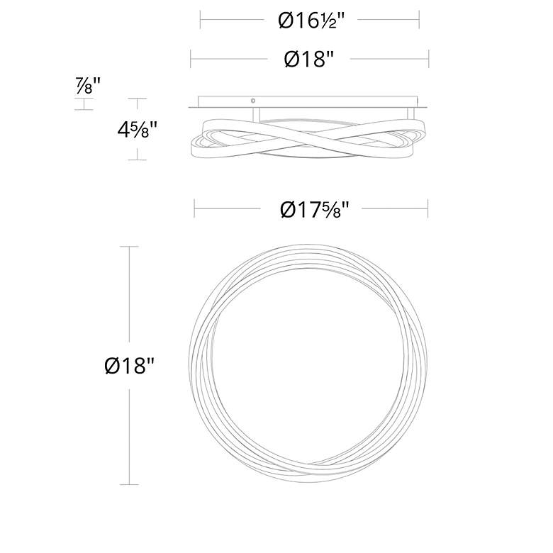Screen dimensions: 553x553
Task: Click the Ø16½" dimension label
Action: pos(311,21)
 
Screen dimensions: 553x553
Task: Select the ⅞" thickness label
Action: pos(87,86)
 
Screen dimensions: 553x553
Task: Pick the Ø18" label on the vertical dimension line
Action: pos(129,366)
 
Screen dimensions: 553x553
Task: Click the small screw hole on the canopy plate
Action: pos(253,101)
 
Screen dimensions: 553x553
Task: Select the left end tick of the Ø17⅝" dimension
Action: pos(195,208)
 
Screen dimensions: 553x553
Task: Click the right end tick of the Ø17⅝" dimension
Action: pos(428,208)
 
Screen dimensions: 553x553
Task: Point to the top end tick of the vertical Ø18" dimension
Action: pos(128,247)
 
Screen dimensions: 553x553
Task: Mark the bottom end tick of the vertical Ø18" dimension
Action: pos(128,484)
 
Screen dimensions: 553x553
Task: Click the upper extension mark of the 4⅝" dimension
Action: pos(137,99)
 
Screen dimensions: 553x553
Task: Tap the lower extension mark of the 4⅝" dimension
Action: pos(137,160)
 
